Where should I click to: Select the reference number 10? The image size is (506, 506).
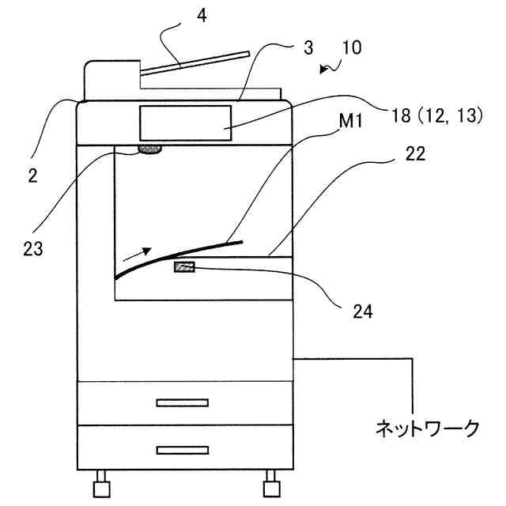click(x=351, y=47)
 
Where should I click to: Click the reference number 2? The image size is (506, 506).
click(x=32, y=177)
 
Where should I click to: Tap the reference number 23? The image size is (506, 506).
click(x=32, y=248)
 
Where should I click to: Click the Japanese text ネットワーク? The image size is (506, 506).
click(x=426, y=429)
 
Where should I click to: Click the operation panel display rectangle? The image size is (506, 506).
click(x=186, y=123)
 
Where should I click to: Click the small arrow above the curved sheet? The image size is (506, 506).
click(x=134, y=254)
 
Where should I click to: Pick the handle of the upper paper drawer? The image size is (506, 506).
click(x=182, y=402)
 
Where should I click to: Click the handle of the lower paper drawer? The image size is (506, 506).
click(x=182, y=450)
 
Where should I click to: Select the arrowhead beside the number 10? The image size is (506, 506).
click(x=324, y=70)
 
